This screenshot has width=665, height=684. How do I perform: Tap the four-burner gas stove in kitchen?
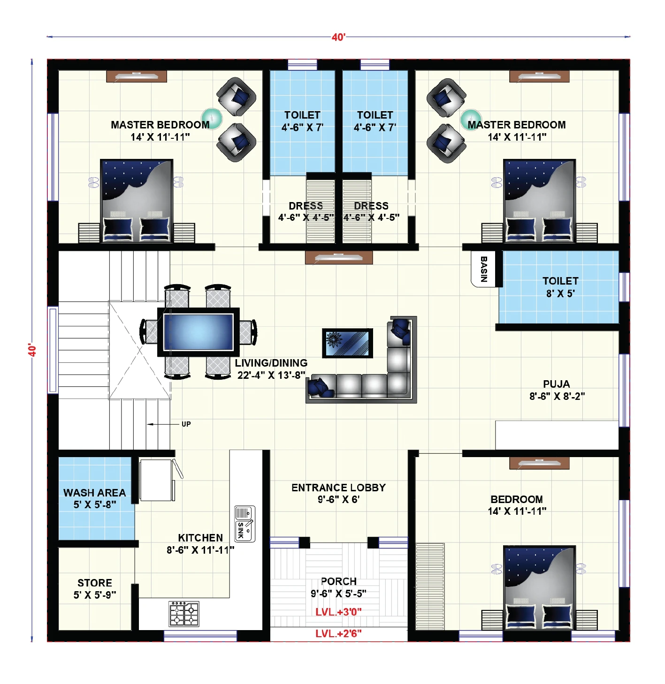184,614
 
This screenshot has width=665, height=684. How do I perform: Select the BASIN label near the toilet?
484,269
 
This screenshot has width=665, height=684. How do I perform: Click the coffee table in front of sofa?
348,343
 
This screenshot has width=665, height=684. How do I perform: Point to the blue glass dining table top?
198,332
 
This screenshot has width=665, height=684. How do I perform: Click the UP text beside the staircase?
186,424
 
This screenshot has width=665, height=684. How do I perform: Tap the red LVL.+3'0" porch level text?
338,612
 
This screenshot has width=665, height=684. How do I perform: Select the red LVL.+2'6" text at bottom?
338,634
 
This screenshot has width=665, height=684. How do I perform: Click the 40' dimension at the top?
338,37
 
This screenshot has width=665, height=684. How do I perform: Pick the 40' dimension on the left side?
32,350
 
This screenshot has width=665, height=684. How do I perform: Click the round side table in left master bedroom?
212,118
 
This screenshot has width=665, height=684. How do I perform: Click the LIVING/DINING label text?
271,363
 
